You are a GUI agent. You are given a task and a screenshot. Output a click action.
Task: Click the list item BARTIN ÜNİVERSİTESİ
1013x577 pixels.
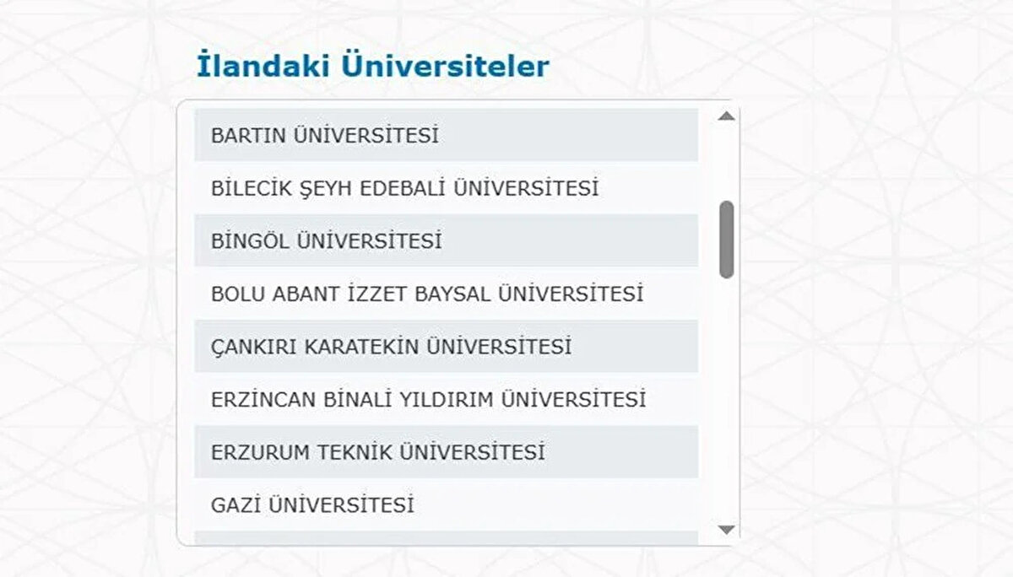(x=325, y=136)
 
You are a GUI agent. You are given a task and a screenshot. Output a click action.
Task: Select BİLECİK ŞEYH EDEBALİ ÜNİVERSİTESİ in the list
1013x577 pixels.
(x=404, y=189)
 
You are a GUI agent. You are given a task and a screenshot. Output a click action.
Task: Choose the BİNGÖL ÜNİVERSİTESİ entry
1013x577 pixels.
(x=327, y=242)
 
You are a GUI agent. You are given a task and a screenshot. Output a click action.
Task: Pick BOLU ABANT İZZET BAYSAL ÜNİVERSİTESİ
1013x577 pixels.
(x=427, y=294)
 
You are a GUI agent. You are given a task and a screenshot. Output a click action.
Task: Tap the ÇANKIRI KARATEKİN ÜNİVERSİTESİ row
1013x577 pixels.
(x=391, y=347)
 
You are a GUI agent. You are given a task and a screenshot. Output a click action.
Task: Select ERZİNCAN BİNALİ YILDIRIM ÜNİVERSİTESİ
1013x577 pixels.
(x=428, y=400)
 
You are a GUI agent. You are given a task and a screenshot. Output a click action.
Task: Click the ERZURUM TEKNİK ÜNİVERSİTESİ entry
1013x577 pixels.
(x=377, y=453)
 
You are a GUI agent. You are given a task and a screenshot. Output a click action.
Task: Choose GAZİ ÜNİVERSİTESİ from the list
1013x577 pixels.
(x=312, y=506)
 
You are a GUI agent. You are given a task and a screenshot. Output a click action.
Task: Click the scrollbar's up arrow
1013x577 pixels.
(x=726, y=116)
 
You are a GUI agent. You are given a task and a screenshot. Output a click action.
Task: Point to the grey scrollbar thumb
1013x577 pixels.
(x=726, y=240)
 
